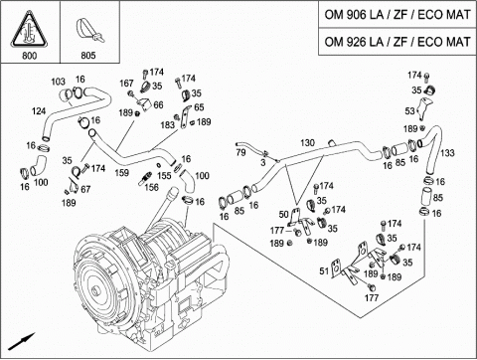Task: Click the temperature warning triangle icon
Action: click(30, 29)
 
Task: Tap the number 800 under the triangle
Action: click(30, 56)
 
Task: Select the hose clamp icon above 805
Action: click(89, 30)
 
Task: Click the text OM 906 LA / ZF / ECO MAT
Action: click(397, 15)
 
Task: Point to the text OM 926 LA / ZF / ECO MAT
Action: click(397, 42)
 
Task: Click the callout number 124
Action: click(39, 111)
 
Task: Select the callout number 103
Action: click(59, 82)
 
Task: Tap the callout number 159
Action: click(121, 173)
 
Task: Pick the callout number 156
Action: click(151, 187)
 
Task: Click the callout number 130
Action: click(307, 143)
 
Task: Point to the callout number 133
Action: click(447, 153)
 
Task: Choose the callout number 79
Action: click(240, 152)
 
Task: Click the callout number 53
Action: click(410, 111)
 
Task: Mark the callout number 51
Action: click(324, 270)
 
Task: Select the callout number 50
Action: click(283, 215)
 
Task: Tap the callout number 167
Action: click(126, 84)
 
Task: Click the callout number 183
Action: click(167, 125)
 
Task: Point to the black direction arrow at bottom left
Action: click(22, 341)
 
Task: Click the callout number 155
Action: click(164, 175)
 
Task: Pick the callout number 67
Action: click(85, 189)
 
